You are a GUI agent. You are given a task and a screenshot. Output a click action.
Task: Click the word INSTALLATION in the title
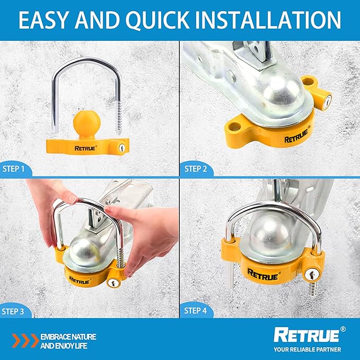tap(268, 20)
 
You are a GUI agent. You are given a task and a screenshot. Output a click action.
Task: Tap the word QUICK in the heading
tap(157, 21)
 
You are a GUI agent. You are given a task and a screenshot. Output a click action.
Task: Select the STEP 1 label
tap(13, 169)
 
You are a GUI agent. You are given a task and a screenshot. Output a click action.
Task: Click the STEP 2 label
tap(196, 169)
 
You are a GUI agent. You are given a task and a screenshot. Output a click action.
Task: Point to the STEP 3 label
tap(13, 312)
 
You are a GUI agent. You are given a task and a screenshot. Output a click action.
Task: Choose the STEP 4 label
tap(196, 311)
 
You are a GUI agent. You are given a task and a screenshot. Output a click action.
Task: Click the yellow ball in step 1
tap(87, 121)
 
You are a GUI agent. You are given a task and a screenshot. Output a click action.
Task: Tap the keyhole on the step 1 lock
tap(122, 147)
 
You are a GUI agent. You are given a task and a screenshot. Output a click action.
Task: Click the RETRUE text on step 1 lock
tap(85, 148)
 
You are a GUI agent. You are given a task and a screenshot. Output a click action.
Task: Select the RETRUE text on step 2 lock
tap(296, 137)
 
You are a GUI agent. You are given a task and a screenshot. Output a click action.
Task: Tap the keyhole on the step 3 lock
tap(113, 283)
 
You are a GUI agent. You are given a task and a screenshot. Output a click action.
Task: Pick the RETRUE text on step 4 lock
tap(262, 275)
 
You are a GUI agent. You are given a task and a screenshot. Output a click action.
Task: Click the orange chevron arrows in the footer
tap(25, 341)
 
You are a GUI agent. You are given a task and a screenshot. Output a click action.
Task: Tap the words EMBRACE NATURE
tap(68, 337)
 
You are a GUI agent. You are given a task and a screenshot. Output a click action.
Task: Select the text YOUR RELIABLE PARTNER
tap(307, 350)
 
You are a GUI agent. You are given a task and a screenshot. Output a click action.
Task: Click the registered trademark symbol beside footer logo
tap(343, 329)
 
